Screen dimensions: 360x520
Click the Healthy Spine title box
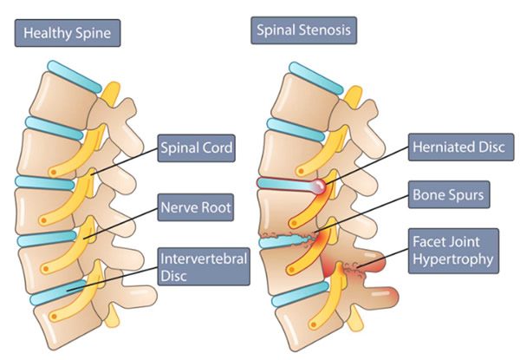66,35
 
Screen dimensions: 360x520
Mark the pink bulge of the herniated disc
321,186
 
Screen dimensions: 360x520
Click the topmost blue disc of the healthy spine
69,73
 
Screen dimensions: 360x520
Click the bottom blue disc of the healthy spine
61,297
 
